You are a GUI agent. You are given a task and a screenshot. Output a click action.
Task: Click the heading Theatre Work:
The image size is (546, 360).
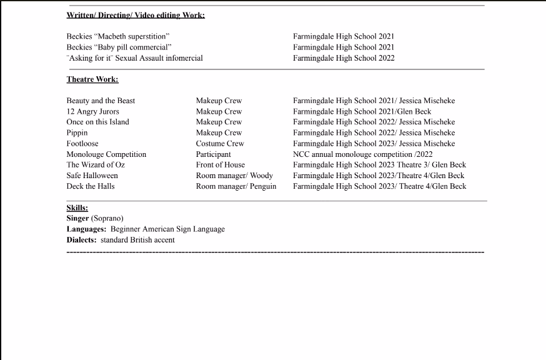(92, 79)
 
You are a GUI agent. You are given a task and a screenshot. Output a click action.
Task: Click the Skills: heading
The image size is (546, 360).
(77, 207)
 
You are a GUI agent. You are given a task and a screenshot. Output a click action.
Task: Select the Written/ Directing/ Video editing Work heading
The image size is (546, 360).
(136, 15)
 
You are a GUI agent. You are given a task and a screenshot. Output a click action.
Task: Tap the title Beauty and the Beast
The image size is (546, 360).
(101, 101)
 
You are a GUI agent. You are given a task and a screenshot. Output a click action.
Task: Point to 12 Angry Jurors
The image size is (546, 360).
(92, 111)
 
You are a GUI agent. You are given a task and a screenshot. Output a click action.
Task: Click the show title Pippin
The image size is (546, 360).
(77, 132)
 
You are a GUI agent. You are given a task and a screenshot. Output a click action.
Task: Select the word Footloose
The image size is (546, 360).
(82, 143)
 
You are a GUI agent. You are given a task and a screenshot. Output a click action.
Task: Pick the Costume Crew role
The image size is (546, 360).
(220, 143)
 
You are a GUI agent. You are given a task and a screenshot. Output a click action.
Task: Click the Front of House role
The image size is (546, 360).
(221, 164)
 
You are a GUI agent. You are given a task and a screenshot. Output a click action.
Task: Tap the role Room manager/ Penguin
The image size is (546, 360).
(236, 186)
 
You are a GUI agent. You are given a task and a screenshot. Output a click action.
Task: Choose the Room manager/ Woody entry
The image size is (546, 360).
(234, 175)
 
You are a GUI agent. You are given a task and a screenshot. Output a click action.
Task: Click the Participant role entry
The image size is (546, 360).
(214, 154)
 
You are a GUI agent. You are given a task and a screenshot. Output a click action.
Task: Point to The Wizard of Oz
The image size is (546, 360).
(96, 164)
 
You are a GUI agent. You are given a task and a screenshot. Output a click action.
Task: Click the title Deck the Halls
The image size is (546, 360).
(91, 186)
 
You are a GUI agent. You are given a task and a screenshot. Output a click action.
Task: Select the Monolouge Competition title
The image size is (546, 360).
(106, 154)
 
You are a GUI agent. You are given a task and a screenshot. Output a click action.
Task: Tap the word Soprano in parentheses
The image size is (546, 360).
(107, 218)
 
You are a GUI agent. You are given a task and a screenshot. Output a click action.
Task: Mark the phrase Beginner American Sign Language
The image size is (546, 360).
(167, 229)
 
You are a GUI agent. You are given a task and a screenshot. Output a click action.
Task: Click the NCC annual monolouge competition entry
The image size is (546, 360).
(362, 154)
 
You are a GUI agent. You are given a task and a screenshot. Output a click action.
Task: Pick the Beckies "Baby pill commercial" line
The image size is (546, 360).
(119, 47)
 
